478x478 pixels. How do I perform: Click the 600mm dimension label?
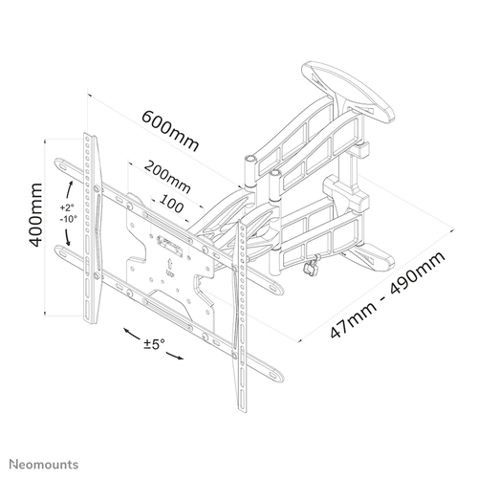click(x=170, y=130)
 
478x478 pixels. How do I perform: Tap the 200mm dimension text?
click(x=167, y=177)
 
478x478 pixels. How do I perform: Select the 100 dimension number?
click(x=171, y=204)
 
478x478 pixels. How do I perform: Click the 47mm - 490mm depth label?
click(x=387, y=294)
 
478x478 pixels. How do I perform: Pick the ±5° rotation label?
click(x=154, y=344)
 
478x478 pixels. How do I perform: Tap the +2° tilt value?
click(x=67, y=207)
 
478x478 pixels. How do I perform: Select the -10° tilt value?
click(x=68, y=219)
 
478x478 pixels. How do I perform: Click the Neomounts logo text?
click(x=44, y=465)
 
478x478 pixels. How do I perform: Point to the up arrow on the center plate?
click(x=170, y=264)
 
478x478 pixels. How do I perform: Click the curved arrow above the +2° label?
click(x=69, y=190)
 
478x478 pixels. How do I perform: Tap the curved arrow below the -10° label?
click(x=67, y=236)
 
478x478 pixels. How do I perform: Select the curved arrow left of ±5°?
click(x=131, y=334)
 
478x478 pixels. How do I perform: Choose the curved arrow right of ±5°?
click(x=175, y=357)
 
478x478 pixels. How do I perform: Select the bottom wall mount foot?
click(x=370, y=257)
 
